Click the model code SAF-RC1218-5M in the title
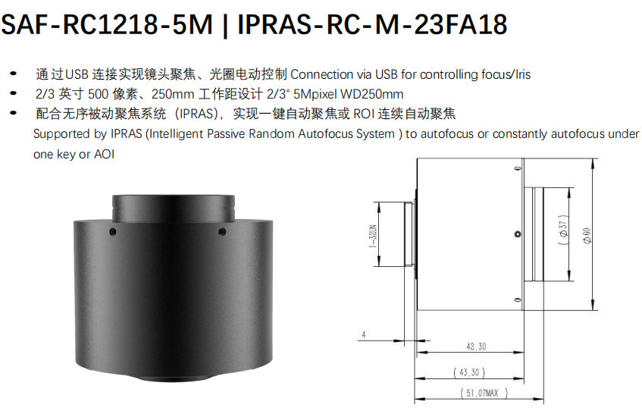click(107, 24)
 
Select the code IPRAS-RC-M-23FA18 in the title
click(372, 24)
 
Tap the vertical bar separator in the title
click(225, 25)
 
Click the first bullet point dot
click(14, 74)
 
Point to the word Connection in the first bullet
click(322, 74)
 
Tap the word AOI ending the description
click(105, 155)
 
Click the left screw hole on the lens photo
click(114, 232)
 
